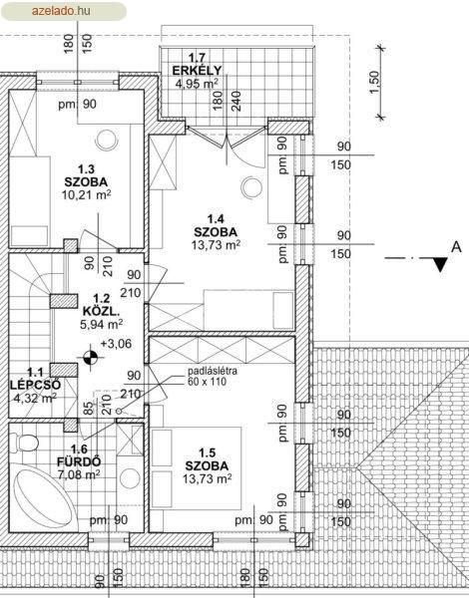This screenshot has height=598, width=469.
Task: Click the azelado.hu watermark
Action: (x=61, y=11)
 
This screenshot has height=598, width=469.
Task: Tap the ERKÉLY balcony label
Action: (x=197, y=71)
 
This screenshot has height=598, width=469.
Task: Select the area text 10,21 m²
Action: (x=86, y=195)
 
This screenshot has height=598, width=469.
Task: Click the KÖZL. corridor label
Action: (x=101, y=312)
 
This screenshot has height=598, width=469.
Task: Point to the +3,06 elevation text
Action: (x=116, y=344)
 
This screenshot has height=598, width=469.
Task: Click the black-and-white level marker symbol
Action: (x=90, y=358)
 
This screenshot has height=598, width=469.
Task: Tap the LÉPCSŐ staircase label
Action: (x=35, y=385)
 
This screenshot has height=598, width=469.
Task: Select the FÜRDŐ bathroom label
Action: (x=79, y=461)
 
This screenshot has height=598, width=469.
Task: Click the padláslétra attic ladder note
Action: (x=212, y=376)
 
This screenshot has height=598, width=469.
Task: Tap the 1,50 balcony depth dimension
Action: (x=375, y=83)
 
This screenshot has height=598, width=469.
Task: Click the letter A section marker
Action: (x=456, y=247)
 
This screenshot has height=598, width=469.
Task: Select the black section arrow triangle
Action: (x=441, y=264)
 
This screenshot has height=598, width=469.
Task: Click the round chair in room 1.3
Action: (x=107, y=140)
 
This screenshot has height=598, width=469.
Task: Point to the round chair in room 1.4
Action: (x=251, y=187)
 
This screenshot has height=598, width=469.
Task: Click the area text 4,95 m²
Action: (x=197, y=83)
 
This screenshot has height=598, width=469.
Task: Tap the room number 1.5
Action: (x=208, y=452)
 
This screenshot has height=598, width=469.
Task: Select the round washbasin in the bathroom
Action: (x=130, y=477)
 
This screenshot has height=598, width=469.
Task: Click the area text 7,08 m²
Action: (x=79, y=474)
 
